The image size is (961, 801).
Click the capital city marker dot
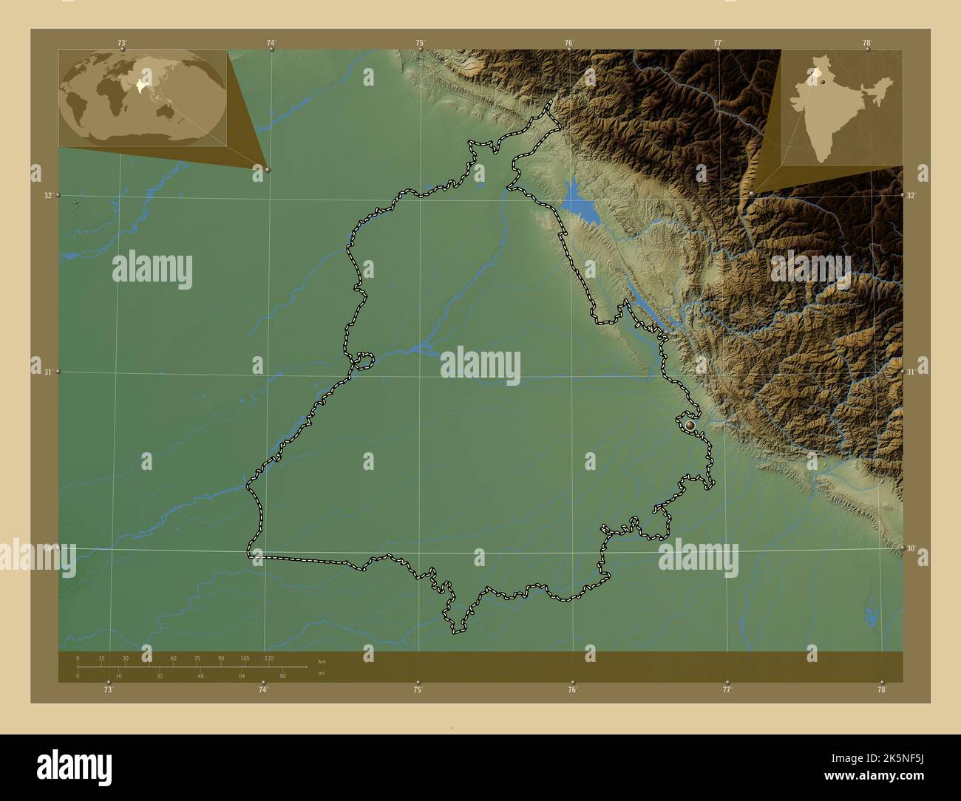tap(690, 426)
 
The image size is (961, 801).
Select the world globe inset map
tap(143, 98)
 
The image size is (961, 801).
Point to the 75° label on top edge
tap(420, 43)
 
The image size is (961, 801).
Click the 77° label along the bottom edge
tap(727, 689)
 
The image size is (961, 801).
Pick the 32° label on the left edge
tap(47, 196)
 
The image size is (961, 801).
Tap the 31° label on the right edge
tap(911, 372)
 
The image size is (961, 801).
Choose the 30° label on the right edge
tap(911, 548)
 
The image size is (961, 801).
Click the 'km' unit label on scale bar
tap(321, 661)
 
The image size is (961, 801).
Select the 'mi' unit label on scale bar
tap(320, 673)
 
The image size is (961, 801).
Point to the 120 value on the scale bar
tap(268, 658)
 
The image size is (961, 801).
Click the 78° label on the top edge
tap(867, 43)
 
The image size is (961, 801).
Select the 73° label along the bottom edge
tap(108, 689)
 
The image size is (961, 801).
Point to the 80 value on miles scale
tap(282, 675)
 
